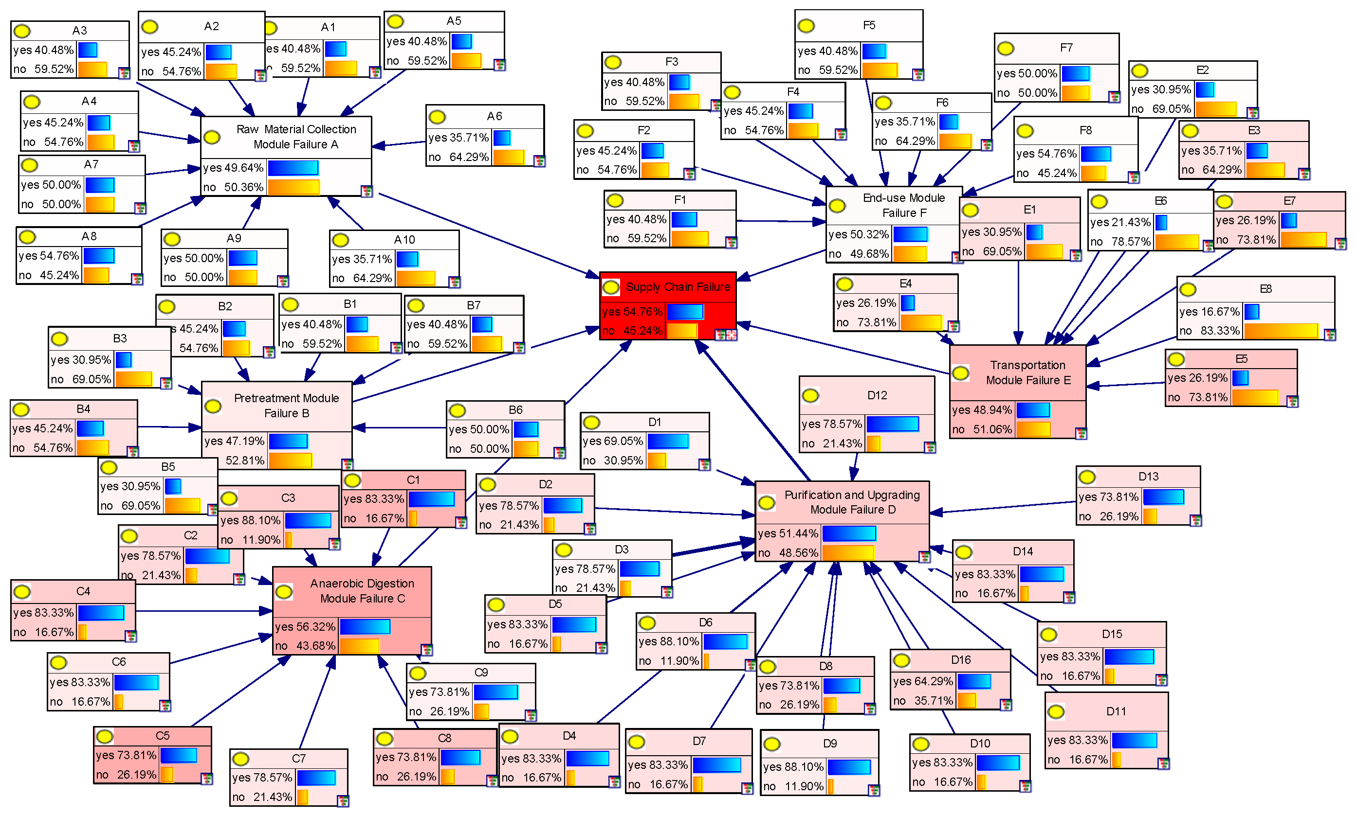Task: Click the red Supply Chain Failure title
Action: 678,286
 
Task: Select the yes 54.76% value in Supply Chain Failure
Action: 632,312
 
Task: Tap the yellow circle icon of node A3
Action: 22,31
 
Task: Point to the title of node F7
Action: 1066,48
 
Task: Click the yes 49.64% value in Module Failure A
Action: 233,168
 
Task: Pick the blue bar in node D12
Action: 892,424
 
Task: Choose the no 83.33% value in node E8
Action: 1209,331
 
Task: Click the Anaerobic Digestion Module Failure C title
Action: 362,590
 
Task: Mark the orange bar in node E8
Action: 1281,331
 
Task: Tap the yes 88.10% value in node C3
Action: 250,520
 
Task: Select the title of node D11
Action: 1116,711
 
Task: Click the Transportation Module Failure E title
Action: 1028,373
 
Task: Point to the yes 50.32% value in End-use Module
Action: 859,234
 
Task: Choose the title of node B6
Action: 515,409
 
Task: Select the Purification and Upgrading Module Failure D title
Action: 852,502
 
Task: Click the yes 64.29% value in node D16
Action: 923,681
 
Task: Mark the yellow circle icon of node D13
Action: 1087,477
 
